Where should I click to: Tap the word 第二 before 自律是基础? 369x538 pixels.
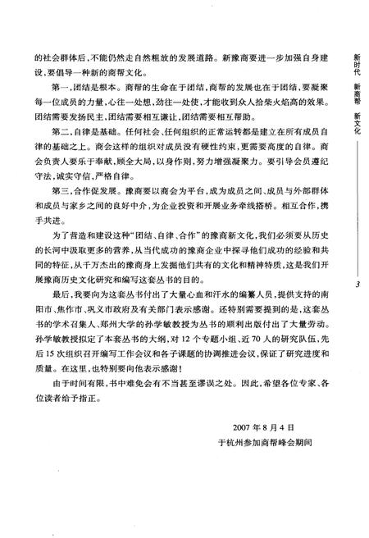click(x=58, y=153)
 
